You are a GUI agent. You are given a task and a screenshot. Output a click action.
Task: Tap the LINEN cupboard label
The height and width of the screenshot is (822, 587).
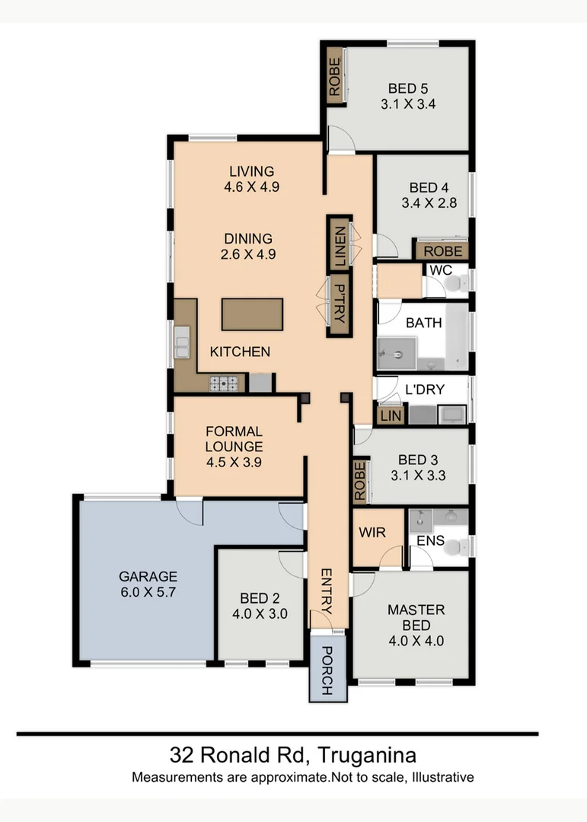pos(339,244)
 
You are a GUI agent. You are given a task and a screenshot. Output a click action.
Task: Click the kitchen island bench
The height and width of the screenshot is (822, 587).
pos(252,314)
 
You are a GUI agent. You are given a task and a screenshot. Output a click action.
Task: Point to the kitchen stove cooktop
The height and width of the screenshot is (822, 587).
pos(223,384)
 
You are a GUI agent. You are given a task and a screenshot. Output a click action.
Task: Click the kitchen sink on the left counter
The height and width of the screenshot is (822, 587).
pos(182,342)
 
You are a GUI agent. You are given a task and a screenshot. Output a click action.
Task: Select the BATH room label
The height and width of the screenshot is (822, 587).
pos(423,323)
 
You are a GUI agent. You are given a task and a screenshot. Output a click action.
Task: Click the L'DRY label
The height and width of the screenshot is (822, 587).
pos(425,389)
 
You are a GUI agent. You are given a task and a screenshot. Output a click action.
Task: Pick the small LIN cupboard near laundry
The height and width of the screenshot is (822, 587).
pos(388,416)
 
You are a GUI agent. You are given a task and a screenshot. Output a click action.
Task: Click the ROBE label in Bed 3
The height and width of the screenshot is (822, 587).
pos(360,480)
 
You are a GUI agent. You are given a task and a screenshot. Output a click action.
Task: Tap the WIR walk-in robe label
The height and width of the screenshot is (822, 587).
pos(372,533)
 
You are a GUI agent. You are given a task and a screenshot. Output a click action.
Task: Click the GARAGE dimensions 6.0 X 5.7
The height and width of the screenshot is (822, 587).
pos(148,591)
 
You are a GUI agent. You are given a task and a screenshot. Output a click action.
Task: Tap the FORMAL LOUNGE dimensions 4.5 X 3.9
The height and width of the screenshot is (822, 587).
pos(234,461)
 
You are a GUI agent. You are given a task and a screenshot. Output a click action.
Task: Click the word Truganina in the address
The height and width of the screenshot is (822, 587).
pos(367,756)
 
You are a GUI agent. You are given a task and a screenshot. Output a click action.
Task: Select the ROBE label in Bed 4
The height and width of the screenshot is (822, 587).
pos(442,250)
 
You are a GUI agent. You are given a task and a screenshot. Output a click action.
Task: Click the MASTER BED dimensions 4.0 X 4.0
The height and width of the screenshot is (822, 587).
pos(416,640)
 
